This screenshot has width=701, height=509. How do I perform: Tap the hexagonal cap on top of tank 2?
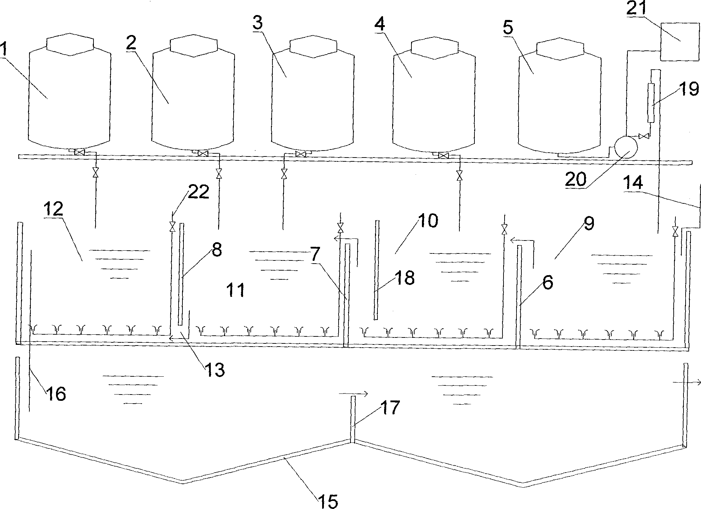pyautogui.click(x=194, y=46)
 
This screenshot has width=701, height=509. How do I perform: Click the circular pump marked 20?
pyautogui.click(x=626, y=147)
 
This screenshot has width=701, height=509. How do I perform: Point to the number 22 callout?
pyautogui.click(x=198, y=192)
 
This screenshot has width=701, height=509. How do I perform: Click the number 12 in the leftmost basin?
pyautogui.click(x=53, y=209)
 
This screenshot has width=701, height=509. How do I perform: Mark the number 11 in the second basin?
pyautogui.click(x=235, y=290)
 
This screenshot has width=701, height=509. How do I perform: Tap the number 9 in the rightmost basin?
pyautogui.click(x=589, y=223)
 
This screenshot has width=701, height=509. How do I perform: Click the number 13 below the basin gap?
pyautogui.click(x=214, y=369)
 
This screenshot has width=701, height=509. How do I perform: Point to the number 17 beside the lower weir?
pyautogui.click(x=390, y=407)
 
